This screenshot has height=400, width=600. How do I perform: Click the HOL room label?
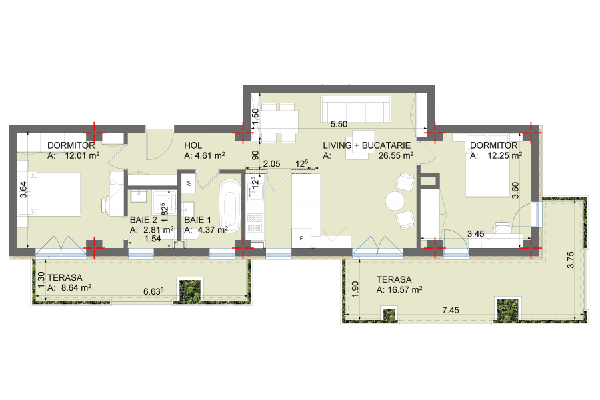193,145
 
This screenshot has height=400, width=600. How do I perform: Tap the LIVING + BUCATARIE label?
367,145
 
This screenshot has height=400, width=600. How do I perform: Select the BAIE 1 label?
197,220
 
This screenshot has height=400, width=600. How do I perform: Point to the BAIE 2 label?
143,220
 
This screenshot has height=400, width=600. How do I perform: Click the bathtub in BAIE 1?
229,205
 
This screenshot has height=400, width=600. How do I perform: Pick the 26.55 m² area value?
395,155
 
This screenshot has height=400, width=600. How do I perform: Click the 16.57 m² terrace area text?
405,290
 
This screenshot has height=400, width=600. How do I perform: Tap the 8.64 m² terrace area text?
76,287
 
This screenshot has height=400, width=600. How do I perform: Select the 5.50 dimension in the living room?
339,124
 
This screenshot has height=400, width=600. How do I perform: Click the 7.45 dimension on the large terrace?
451,310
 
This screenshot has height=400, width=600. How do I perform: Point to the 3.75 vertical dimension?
570,260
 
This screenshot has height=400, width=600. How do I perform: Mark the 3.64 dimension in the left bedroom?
23,189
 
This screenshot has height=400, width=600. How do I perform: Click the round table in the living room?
395,201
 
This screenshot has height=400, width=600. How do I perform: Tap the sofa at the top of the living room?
355,109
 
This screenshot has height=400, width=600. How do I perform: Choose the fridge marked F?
301,238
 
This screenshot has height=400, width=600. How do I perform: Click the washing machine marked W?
189,184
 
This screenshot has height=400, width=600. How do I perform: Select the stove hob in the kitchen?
255,223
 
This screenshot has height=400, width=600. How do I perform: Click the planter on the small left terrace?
190,290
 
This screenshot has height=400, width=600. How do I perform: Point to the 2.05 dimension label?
271,164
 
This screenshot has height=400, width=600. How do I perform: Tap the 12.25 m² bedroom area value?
505,155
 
